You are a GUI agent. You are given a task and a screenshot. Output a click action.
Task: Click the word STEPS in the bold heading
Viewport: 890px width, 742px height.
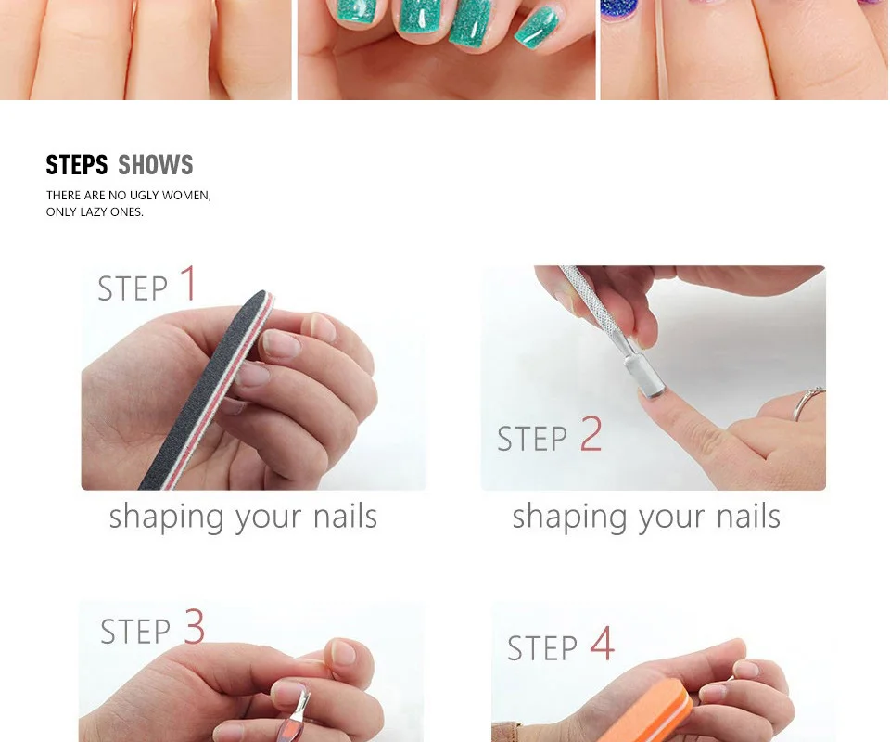pyautogui.click(x=77, y=165)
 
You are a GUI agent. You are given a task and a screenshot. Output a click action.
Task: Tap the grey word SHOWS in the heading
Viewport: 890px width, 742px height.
pyautogui.click(x=156, y=165)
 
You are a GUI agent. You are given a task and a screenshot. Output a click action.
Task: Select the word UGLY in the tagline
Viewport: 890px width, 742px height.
pyautogui.click(x=145, y=196)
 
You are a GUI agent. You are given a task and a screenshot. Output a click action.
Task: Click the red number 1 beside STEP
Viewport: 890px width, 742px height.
pyautogui.click(x=189, y=283)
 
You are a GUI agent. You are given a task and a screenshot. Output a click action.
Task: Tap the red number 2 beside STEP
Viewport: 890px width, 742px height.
pyautogui.click(x=591, y=433)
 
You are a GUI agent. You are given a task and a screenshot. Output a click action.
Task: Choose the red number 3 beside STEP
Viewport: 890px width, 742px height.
pyautogui.click(x=194, y=626)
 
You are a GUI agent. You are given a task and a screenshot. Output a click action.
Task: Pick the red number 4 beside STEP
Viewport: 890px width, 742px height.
pyautogui.click(x=603, y=643)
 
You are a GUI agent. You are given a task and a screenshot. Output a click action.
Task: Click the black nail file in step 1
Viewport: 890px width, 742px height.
pyautogui.click(x=204, y=390)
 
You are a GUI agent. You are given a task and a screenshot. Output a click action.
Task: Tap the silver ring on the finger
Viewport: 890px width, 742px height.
pyautogui.click(x=808, y=401)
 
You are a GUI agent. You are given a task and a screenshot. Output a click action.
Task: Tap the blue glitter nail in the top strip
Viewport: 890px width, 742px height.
pyautogui.click(x=620, y=9)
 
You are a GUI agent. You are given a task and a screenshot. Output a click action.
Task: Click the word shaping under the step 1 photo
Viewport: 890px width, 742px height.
pyautogui.click(x=166, y=518)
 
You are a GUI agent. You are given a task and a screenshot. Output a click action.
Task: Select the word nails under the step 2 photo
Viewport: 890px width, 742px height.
pyautogui.click(x=748, y=516)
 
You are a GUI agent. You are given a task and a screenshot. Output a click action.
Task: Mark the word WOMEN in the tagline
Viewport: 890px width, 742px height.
pyautogui.click(x=186, y=196)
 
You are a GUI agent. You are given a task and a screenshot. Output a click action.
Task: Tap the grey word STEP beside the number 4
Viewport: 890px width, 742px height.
pyautogui.click(x=542, y=648)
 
